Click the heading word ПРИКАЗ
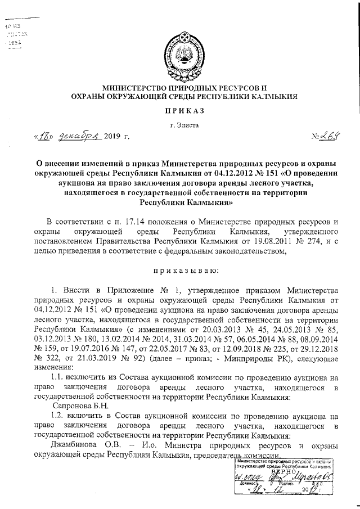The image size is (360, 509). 180,112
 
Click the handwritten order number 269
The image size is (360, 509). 326,136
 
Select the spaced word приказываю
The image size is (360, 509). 179,270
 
